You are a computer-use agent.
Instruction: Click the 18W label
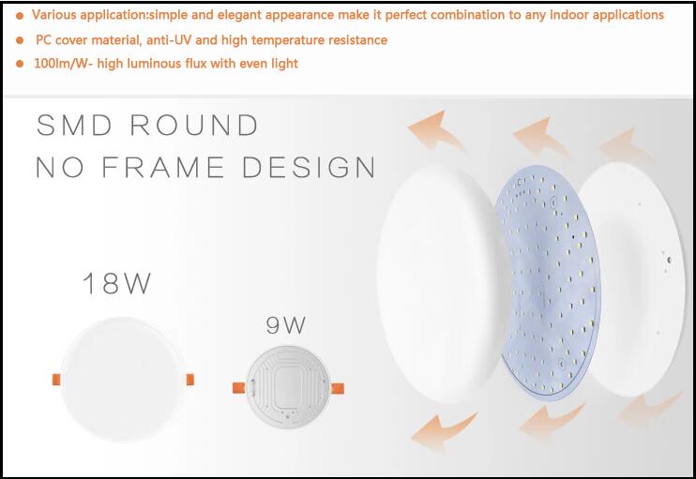tap(116, 283)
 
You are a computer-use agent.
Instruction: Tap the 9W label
tap(286, 325)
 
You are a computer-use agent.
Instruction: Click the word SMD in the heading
tap(74, 125)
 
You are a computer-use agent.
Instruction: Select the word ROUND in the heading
tap(194, 125)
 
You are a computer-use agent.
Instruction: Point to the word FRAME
tap(163, 167)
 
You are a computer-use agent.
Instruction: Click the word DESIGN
tap(309, 167)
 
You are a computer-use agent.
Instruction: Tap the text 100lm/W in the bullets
tap(61, 64)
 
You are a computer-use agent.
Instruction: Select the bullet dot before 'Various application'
tap(20, 16)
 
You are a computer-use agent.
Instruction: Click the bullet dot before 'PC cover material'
tap(20, 40)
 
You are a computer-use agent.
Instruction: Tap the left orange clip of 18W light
tap(56, 380)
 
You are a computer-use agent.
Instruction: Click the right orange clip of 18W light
tap(190, 380)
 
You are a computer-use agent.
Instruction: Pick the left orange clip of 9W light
tap(239, 388)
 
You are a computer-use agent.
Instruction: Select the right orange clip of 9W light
tap(338, 388)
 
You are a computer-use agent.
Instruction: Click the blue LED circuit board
tap(551, 284)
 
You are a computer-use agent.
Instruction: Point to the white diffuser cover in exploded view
tap(439, 284)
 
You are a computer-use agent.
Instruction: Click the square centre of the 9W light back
tap(288, 385)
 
